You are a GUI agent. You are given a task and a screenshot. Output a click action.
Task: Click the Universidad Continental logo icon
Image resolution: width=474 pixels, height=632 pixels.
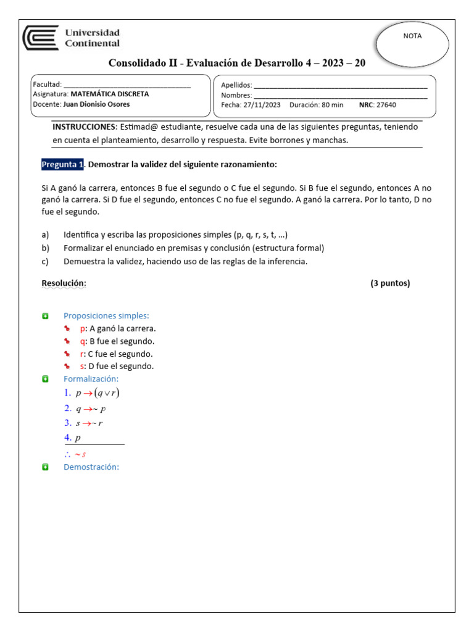(x=41, y=38)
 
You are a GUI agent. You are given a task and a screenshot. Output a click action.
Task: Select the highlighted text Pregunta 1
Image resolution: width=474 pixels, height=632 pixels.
(x=62, y=165)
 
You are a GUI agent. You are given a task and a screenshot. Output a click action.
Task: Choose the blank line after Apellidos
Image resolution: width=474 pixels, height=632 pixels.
(x=340, y=86)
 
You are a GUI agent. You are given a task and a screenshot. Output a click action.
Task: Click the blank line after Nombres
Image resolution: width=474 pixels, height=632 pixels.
(x=340, y=96)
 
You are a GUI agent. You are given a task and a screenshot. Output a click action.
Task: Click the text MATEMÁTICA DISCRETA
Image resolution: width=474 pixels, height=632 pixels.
(x=110, y=94)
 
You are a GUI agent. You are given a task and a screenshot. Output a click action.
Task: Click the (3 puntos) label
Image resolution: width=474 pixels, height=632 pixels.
(x=390, y=283)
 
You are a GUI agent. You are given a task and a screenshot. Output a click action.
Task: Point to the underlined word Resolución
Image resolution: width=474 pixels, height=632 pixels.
(x=64, y=283)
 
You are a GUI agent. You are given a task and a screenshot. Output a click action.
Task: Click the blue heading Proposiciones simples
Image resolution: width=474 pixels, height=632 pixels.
(x=106, y=315)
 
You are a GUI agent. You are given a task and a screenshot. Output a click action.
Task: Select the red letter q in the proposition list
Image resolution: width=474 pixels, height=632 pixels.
(x=83, y=341)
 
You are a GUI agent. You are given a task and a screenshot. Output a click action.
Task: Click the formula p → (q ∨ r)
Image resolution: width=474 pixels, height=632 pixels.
(x=98, y=393)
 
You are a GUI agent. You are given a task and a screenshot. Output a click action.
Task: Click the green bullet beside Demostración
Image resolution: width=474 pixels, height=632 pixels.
(x=45, y=467)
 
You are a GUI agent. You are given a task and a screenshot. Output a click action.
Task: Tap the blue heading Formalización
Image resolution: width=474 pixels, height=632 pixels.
(x=91, y=378)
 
